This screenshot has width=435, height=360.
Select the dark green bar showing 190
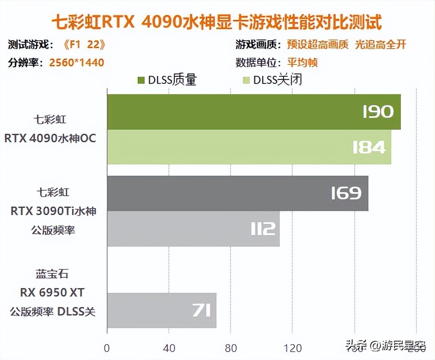pos(253,112)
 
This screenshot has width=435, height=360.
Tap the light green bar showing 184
pos(249,147)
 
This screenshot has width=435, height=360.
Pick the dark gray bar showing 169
pos(237,193)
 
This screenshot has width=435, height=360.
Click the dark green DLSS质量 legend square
pos(141,80)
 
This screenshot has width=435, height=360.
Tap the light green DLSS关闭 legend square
pos(246,80)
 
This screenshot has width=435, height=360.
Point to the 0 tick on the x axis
pos(107,348)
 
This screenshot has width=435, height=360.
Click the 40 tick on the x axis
pos(169,348)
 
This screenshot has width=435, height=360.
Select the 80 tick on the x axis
pos(231,348)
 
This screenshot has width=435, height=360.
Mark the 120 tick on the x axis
pos(293,348)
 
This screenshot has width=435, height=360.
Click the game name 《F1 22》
pos(84,45)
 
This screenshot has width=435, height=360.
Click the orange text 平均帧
pos(303,63)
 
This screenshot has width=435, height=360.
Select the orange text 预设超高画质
pos(318,45)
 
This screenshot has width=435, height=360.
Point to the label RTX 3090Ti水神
pos(53,211)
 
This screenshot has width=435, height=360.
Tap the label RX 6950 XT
pos(52,293)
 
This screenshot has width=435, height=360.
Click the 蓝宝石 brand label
pos(52,274)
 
